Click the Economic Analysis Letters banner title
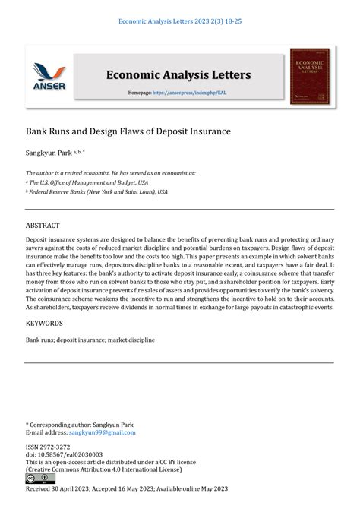178,74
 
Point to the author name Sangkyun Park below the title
48,153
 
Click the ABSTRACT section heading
43,226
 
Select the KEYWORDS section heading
45,324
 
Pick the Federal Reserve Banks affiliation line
99,192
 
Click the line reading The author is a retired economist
111,172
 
